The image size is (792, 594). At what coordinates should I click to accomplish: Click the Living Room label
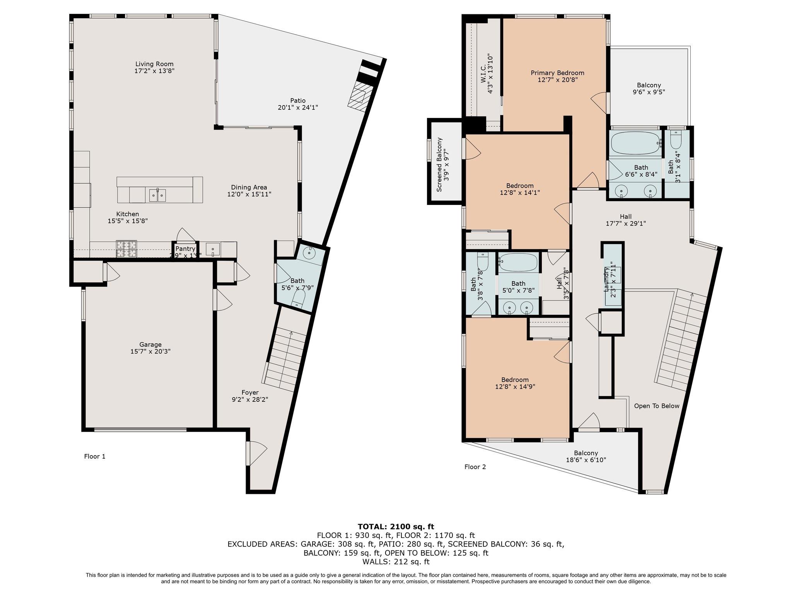[154, 64]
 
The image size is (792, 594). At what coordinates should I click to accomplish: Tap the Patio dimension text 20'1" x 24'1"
[298, 108]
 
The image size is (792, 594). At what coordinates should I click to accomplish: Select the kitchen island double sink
[158, 196]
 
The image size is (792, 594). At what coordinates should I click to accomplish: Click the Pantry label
[185, 249]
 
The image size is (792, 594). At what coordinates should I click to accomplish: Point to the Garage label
[150, 345]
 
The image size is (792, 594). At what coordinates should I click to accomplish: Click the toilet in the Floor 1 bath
[298, 298]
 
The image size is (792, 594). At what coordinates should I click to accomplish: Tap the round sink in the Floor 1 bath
[309, 253]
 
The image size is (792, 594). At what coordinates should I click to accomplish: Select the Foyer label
[250, 393]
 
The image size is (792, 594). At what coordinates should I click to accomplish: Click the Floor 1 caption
[95, 456]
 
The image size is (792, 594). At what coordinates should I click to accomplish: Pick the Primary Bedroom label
[557, 73]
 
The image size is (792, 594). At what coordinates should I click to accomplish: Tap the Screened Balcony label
[440, 165]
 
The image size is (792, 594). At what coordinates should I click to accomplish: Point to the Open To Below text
[657, 406]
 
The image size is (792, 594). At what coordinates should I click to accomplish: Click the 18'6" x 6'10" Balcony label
[586, 453]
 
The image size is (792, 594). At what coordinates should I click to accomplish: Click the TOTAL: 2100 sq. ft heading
[396, 526]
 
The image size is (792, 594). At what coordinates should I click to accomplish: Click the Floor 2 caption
[475, 467]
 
